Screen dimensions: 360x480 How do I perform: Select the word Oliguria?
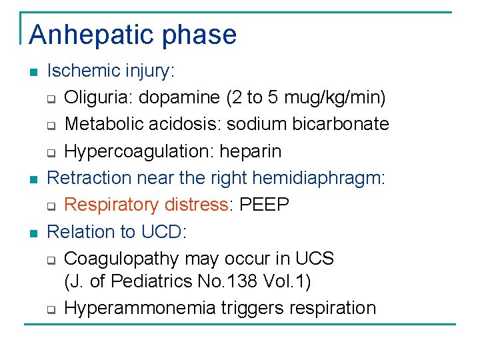pos(93,97)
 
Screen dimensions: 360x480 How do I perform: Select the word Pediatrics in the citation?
pos(151,281)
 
